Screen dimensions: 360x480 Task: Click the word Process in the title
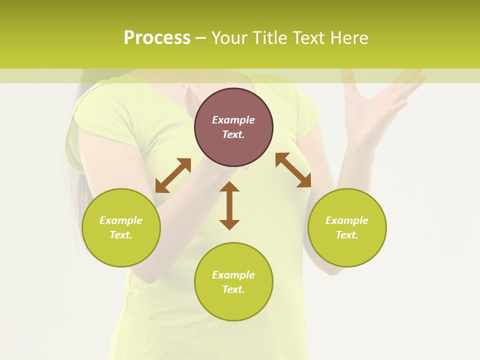click(157, 38)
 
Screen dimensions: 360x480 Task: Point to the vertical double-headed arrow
click(229, 205)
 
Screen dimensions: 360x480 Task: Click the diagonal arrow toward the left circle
click(173, 175)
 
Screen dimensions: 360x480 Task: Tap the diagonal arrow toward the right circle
click(293, 170)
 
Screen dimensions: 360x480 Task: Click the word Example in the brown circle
click(233, 120)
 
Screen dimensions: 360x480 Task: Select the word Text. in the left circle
click(121, 235)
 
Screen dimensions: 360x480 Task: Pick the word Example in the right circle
click(347, 220)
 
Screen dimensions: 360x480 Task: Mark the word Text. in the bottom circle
click(233, 289)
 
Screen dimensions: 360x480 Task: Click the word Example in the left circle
click(121, 220)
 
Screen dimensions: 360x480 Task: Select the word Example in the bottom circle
click(233, 275)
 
